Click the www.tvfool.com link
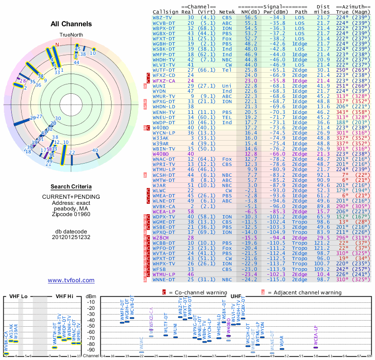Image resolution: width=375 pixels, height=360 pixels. (71, 280)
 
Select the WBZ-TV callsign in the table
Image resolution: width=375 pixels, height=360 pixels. (162, 17)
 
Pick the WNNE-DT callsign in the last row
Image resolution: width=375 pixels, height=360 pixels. (164, 279)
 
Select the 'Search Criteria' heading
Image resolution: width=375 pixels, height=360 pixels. (71, 186)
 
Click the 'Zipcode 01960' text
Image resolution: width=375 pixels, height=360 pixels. (71, 214)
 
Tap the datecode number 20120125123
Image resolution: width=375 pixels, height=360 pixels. (71, 237)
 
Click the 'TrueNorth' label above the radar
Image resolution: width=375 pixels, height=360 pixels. (71, 35)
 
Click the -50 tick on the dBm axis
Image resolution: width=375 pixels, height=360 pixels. (92, 326)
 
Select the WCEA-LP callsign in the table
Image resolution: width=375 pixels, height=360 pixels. (164, 211)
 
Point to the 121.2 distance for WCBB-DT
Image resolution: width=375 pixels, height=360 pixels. (322, 243)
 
